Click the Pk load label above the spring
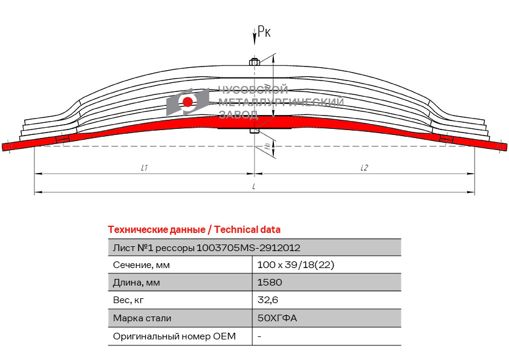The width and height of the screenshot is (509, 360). pyautogui.click(x=264, y=31)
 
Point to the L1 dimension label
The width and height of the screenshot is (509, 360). pyautogui.click(x=144, y=168)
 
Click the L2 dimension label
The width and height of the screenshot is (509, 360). pyautogui.click(x=365, y=168)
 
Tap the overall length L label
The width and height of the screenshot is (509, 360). pyautogui.click(x=253, y=186)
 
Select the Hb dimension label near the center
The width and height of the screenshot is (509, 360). pyautogui.click(x=268, y=146)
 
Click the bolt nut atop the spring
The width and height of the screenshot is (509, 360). pyautogui.click(x=254, y=62)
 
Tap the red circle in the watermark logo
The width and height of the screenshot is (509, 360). pyautogui.click(x=187, y=102)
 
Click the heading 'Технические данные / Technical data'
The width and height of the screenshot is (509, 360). pyautogui.click(x=194, y=230)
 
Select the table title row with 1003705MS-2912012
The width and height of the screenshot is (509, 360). pyautogui.click(x=207, y=248)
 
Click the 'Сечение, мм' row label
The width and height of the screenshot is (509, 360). pyautogui.click(x=141, y=265)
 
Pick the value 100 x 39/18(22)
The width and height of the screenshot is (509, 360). pyautogui.click(x=296, y=265)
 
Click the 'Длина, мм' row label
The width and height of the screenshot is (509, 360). pyautogui.click(x=137, y=283)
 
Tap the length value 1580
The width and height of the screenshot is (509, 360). pyautogui.click(x=270, y=282)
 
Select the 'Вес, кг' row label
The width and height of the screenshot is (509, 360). pyautogui.click(x=128, y=300)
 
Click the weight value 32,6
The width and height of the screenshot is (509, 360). pyautogui.click(x=268, y=300)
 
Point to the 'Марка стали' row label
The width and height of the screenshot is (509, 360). pyautogui.click(x=142, y=318)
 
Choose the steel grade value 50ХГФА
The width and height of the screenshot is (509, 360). pyautogui.click(x=277, y=318)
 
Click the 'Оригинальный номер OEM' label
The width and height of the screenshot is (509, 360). pyautogui.click(x=174, y=336)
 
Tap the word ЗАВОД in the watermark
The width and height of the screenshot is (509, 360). pyautogui.click(x=238, y=114)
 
